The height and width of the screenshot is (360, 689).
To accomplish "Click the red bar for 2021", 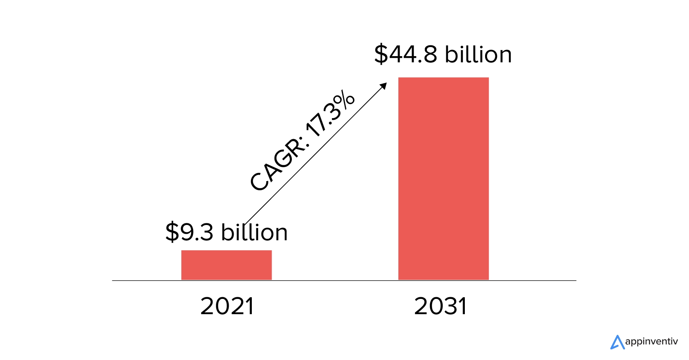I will pyautogui.click(x=226, y=265).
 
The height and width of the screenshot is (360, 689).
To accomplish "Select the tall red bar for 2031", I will pyautogui.click(x=443, y=178).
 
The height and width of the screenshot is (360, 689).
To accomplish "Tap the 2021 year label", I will pyautogui.click(x=227, y=306).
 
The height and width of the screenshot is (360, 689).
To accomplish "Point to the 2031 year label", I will pyautogui.click(x=440, y=306).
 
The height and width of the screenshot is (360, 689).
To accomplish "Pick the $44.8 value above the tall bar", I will pyautogui.click(x=406, y=54).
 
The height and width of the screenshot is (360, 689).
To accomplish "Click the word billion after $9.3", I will pyautogui.click(x=254, y=232).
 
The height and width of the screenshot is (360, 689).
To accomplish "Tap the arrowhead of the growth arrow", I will pyautogui.click(x=384, y=85).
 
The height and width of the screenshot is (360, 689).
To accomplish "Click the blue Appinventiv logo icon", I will pyautogui.click(x=617, y=342).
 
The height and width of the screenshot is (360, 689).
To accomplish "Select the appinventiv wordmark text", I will pyautogui.click(x=651, y=342).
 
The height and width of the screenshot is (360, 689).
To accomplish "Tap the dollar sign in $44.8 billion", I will pyautogui.click(x=381, y=54).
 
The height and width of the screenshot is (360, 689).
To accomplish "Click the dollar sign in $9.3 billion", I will pyautogui.click(x=172, y=232).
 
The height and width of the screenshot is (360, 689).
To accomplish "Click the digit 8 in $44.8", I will pyautogui.click(x=430, y=54).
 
